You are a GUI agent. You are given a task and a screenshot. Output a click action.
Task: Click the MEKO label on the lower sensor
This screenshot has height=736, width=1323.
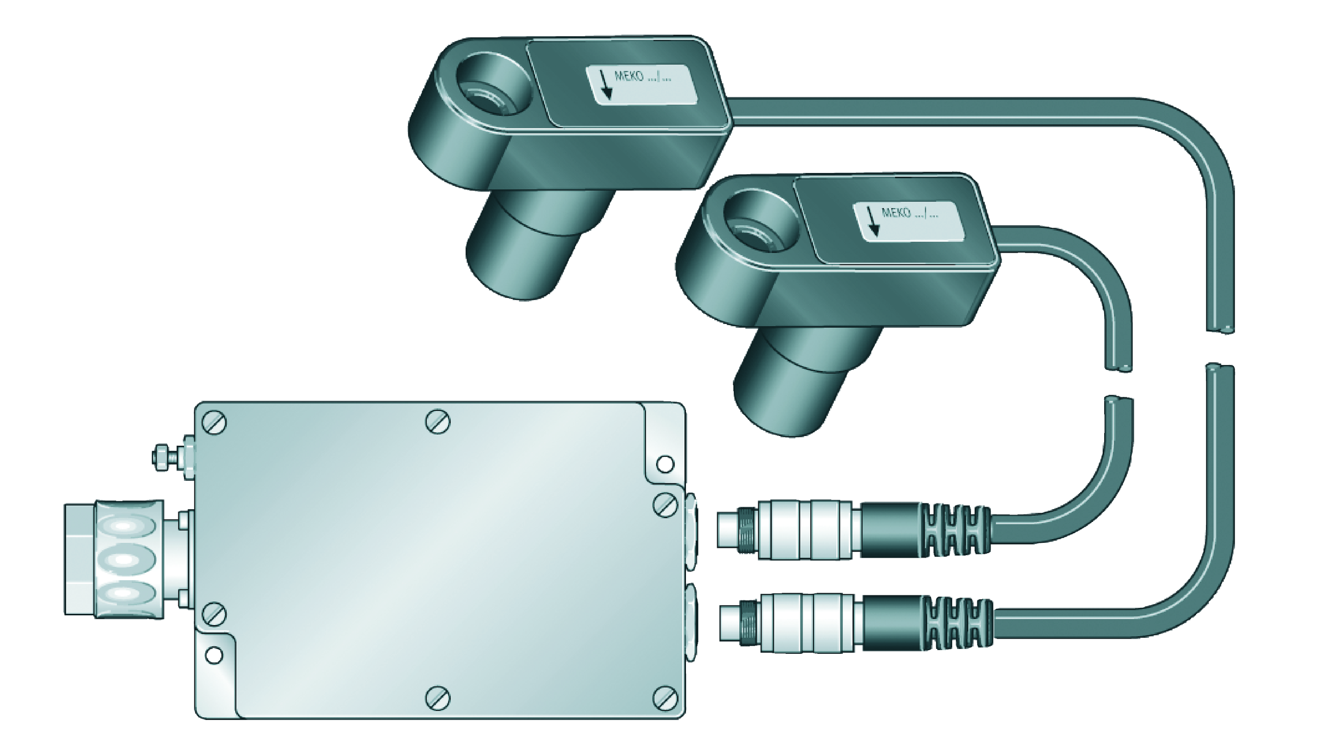click(909, 221)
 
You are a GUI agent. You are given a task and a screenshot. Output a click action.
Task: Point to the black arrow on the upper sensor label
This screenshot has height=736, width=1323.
click(605, 85)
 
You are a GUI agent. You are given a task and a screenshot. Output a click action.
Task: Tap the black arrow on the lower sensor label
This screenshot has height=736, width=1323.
click(872, 221)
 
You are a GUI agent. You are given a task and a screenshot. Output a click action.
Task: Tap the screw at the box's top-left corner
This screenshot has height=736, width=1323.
click(214, 423)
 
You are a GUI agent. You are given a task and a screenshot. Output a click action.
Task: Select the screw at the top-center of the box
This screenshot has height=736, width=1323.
click(438, 421)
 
